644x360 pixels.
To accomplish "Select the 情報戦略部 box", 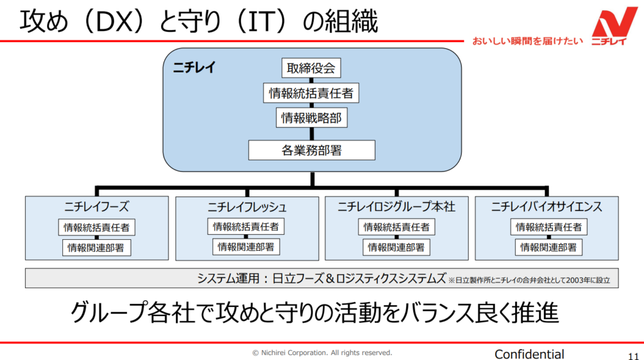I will click(x=311, y=118).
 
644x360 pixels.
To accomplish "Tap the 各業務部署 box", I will click(x=311, y=150).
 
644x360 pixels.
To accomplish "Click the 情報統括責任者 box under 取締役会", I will click(x=311, y=94).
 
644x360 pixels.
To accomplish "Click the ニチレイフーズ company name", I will click(x=97, y=206).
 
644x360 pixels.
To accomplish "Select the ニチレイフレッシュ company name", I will click(x=247, y=206).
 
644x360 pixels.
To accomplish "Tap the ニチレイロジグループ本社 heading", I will click(x=396, y=206).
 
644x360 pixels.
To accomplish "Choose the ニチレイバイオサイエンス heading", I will click(x=547, y=206).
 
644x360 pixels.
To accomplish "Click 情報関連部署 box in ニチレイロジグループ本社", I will click(x=396, y=247).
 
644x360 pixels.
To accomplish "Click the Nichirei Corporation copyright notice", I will click(x=322, y=352).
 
